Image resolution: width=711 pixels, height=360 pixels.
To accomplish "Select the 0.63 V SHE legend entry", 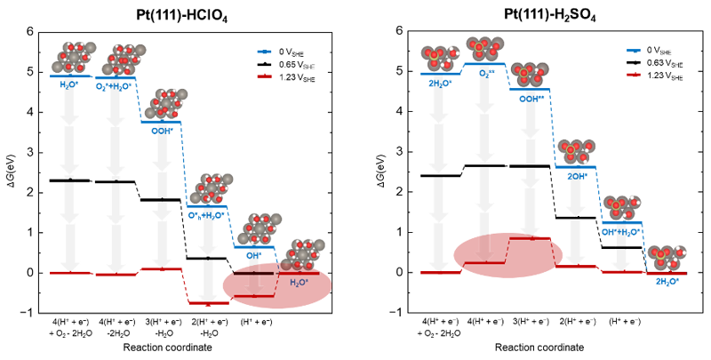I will [665, 64].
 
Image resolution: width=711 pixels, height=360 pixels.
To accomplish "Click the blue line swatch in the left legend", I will [263, 51].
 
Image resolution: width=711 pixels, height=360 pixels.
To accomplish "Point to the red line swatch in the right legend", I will [632, 78].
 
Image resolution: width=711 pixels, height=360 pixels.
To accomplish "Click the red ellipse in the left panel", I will [276, 286].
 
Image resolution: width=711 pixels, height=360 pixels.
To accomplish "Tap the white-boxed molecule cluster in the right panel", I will [530, 75].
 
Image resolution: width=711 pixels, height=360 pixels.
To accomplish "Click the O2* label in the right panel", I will [484, 75].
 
